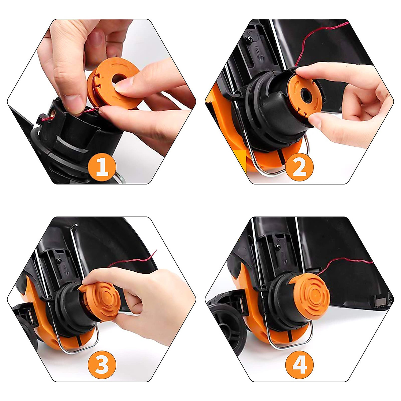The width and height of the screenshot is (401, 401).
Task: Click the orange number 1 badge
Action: point(102,167)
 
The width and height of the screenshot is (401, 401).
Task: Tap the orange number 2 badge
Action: point(299,167)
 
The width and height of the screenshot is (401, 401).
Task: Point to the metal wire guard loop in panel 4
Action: point(287,344)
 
